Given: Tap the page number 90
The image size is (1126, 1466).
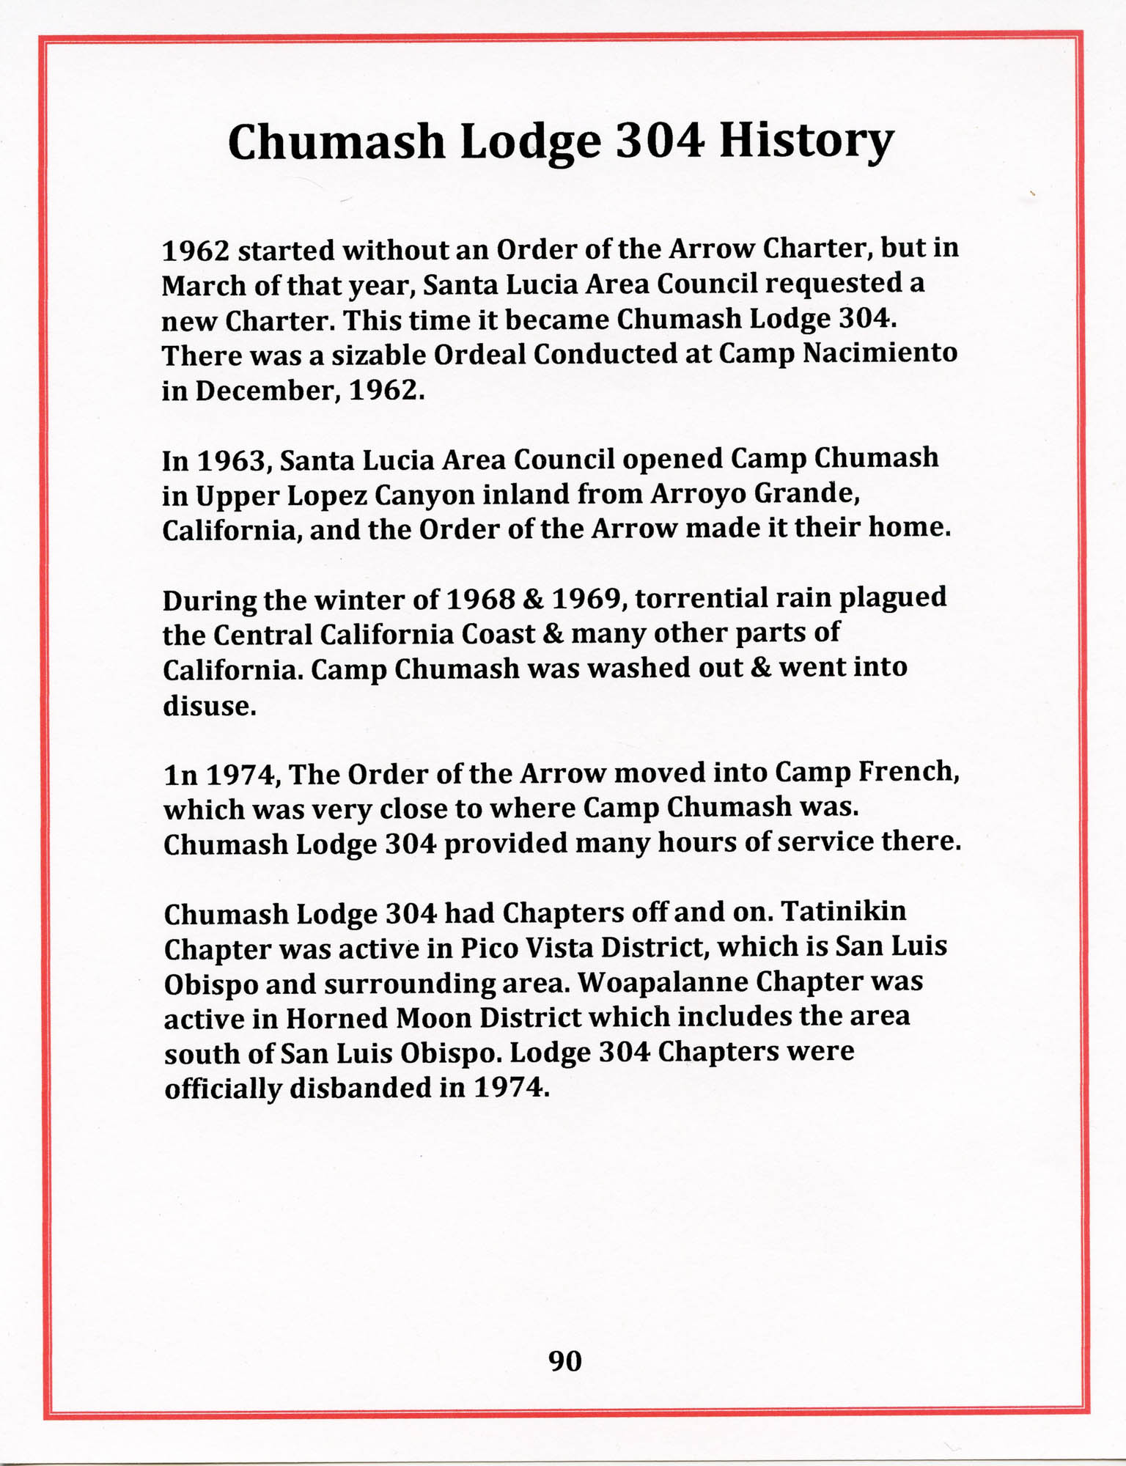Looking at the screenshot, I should (564, 1361).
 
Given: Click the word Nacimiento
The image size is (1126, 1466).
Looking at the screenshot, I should (880, 353).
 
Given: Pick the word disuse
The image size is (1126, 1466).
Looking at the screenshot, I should (209, 705).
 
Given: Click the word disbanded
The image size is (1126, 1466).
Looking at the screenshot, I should (360, 1088).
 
